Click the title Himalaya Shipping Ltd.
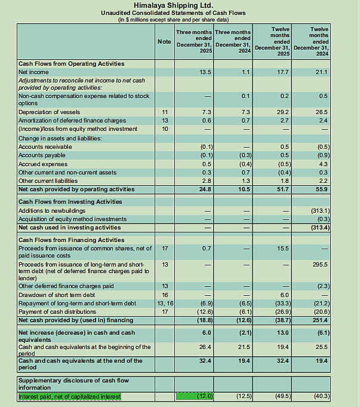click(x=173, y=5)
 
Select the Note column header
click(x=164, y=41)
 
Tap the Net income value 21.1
click(x=322, y=72)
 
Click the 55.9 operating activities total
click(x=322, y=189)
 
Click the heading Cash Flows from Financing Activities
click(x=71, y=240)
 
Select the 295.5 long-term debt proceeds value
click(x=321, y=264)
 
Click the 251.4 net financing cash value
click(x=321, y=320)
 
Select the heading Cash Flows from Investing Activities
click(x=70, y=202)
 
